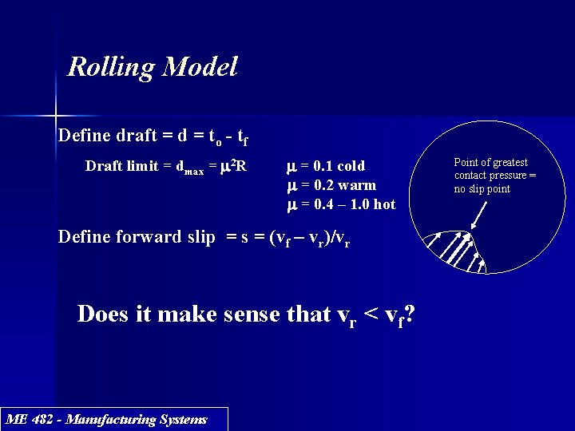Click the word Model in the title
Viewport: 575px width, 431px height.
tap(199, 67)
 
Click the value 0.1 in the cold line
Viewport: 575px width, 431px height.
tap(323, 166)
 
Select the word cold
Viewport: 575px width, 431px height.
tap(351, 166)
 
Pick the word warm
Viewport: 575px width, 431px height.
tap(357, 185)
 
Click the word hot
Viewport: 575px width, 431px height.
tap(383, 204)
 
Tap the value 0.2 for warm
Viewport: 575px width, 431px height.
tap(323, 185)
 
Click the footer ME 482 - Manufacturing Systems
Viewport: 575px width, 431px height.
tap(106, 419)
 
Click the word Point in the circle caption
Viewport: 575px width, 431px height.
tap(467, 163)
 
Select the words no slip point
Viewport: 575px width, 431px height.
tap(482, 189)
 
